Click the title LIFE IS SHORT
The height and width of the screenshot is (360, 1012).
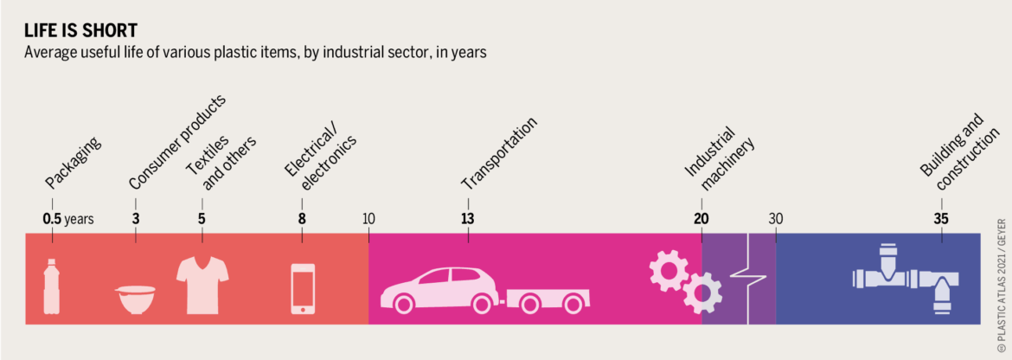click(x=80, y=31)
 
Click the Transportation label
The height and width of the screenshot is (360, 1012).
click(x=499, y=153)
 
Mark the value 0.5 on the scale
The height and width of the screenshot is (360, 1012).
click(x=52, y=219)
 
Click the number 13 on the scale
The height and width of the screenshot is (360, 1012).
click(x=468, y=219)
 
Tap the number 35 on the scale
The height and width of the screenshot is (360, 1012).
click(x=942, y=219)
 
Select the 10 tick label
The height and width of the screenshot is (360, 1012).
click(x=368, y=219)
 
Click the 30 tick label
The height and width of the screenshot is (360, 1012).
click(x=776, y=219)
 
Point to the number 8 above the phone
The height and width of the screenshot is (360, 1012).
click(x=302, y=219)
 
